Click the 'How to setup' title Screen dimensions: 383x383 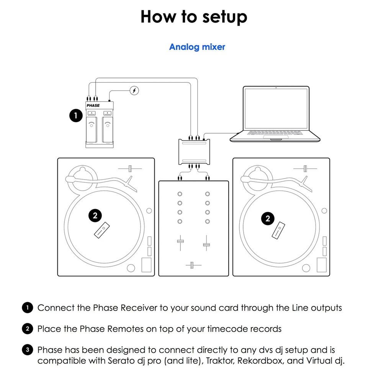(x=194, y=17)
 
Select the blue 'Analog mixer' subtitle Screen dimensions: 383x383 (x=197, y=47)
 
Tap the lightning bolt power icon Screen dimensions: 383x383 (x=134, y=90)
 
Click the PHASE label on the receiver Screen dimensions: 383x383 (x=93, y=106)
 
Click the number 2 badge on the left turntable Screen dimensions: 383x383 (x=95, y=216)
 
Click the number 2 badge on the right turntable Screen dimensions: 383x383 (x=268, y=219)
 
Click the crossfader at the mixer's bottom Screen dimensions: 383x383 (x=193, y=265)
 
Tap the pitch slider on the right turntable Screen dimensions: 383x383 (x=305, y=169)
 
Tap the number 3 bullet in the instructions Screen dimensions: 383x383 (x=28, y=350)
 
